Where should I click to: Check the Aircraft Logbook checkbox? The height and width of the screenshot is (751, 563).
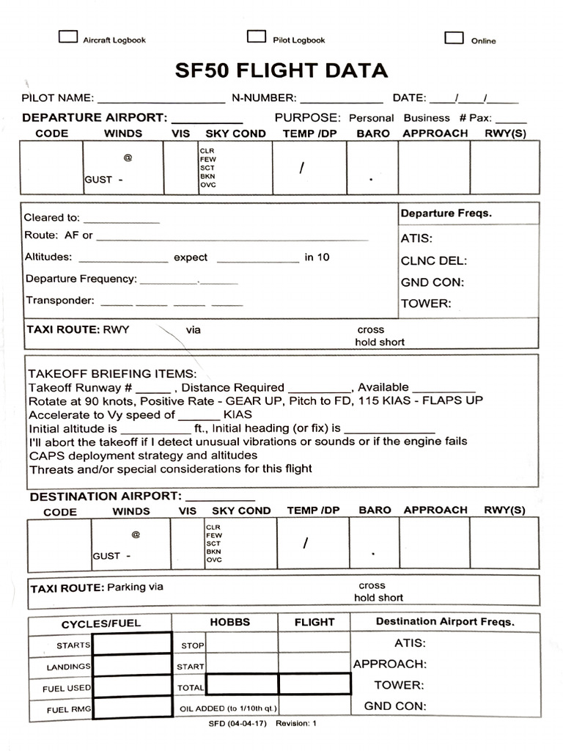pyautogui.click(x=68, y=37)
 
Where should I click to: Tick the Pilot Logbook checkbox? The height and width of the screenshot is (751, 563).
pyautogui.click(x=257, y=37)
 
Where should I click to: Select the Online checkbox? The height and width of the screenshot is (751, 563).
pyautogui.click(x=455, y=37)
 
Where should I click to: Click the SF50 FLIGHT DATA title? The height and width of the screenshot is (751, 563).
pyautogui.click(x=281, y=70)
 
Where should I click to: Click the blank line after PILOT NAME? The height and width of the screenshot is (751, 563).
pyautogui.click(x=161, y=98)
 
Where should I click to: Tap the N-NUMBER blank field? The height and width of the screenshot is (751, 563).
pyautogui.click(x=341, y=98)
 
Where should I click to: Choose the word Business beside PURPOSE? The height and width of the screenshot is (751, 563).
pyautogui.click(x=427, y=117)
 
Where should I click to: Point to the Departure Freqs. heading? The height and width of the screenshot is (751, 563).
pyautogui.click(x=446, y=213)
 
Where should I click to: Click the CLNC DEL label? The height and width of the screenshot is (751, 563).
pyautogui.click(x=433, y=260)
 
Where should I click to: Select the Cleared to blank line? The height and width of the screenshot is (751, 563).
pyautogui.click(x=122, y=219)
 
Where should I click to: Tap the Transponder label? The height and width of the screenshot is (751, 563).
pyautogui.click(x=59, y=300)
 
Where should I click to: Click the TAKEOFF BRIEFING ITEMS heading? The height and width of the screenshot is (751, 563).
pyautogui.click(x=112, y=373)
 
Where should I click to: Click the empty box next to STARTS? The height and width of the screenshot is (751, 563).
pyautogui.click(x=132, y=643)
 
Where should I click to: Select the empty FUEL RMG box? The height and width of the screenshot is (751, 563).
pyautogui.click(x=132, y=708)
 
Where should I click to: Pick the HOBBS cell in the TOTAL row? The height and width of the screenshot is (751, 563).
pyautogui.click(x=242, y=684)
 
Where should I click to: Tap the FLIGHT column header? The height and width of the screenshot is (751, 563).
pyautogui.click(x=314, y=622)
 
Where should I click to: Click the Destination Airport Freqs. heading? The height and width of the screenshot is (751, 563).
pyautogui.click(x=445, y=622)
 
